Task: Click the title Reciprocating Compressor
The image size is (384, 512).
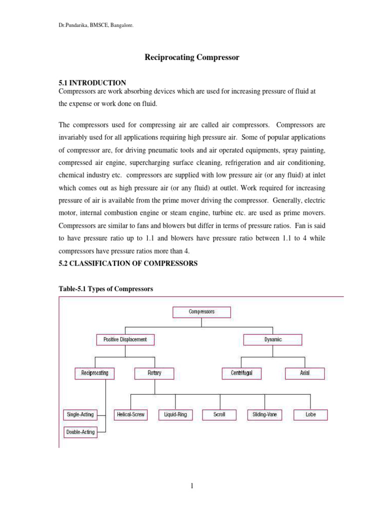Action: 192,57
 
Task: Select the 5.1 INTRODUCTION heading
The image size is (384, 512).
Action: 92,82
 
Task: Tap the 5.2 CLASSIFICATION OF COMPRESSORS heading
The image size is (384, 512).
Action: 128,263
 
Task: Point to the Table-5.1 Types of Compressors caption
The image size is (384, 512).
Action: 105,289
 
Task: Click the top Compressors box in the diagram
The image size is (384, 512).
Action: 201,312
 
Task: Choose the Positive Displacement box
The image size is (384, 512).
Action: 125,339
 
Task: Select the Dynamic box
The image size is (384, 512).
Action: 272,339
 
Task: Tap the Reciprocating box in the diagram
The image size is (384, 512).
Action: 94,373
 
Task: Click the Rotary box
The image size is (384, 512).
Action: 154,373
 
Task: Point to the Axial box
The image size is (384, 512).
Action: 304,373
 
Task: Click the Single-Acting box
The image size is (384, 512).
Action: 80,414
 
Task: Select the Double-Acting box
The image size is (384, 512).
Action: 80,432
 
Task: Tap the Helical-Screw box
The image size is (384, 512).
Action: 131,414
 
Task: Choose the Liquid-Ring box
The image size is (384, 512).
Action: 175,414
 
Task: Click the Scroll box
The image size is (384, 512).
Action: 219,414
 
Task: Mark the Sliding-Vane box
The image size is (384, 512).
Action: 264,414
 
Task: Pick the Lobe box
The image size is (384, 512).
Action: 310,414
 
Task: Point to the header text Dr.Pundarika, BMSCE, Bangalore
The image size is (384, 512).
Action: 96,25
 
